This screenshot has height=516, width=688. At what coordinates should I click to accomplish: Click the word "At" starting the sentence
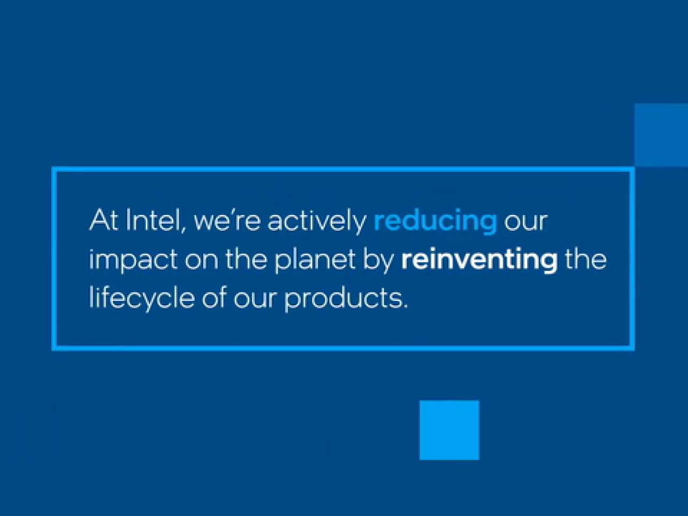(104, 220)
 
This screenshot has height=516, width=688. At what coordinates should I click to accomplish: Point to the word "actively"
(317, 221)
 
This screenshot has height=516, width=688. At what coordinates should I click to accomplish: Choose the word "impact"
(133, 261)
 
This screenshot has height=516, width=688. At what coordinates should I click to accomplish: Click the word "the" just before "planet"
(246, 259)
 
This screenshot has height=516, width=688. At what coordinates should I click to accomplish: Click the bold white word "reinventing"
(479, 261)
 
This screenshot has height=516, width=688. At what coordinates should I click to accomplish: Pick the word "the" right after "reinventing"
(585, 259)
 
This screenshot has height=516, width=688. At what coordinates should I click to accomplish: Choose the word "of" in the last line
(214, 297)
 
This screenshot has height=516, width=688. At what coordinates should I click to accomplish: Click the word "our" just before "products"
(255, 300)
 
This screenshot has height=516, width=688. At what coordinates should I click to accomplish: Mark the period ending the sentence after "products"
(405, 306)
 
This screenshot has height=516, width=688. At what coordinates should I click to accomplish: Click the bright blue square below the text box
(449, 430)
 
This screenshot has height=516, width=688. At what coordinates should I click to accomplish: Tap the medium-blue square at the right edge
(661, 135)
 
